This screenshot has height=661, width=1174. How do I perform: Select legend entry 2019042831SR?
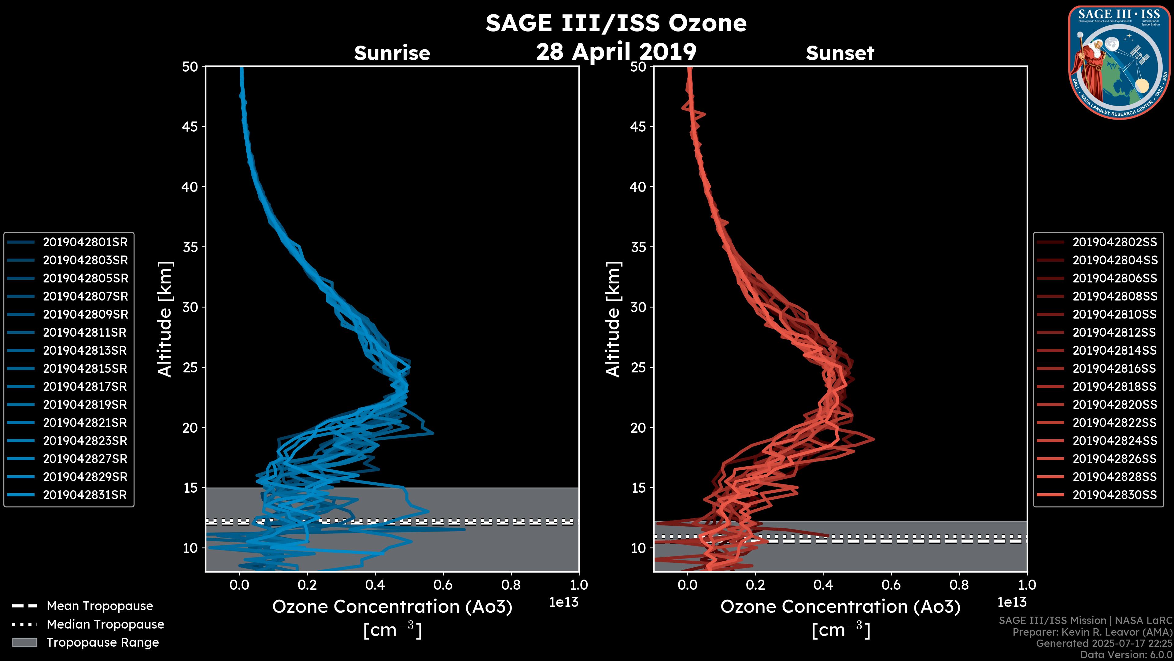(85, 495)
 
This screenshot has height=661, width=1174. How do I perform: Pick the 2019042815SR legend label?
(85, 368)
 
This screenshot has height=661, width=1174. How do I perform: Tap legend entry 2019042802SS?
(1115, 242)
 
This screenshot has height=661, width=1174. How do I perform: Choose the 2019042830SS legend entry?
(1115, 495)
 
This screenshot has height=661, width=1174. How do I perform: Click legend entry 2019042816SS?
(1115, 368)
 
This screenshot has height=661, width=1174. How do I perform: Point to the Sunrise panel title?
(392, 53)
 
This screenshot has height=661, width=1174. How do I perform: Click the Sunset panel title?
(840, 53)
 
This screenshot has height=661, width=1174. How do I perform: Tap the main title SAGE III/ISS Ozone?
(616, 23)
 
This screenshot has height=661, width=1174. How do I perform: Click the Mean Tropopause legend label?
(100, 606)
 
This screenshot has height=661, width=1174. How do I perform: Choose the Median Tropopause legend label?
(105, 625)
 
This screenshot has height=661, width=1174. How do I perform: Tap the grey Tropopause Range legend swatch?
(24, 643)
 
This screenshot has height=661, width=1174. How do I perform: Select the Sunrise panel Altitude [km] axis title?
(164, 319)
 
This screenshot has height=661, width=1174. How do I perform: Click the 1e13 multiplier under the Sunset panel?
(1012, 603)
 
